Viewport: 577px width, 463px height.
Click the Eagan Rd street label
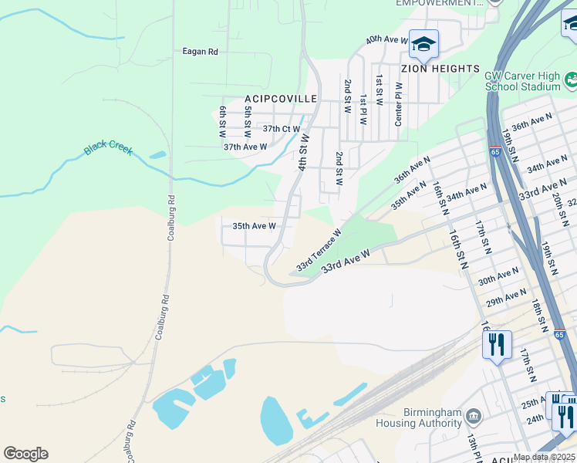201,52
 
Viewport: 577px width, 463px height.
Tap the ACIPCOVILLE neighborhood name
280,100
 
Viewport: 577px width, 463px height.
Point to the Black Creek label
107,147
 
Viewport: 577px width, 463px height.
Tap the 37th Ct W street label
281,129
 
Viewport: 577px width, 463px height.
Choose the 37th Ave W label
245,147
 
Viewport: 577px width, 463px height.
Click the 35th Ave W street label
254,226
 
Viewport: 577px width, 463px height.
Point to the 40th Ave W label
386,39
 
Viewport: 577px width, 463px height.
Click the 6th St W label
223,117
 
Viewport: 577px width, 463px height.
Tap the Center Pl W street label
399,105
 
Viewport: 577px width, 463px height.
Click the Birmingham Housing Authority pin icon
473,417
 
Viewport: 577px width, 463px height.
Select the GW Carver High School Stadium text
521,81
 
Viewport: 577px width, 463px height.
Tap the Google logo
25,454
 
